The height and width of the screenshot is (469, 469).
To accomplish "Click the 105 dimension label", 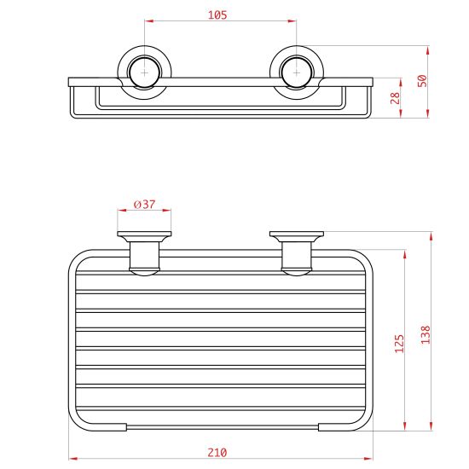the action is click(217, 14).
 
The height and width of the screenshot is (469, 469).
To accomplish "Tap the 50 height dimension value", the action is click(422, 81).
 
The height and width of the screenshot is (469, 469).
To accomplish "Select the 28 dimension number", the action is click(395, 98).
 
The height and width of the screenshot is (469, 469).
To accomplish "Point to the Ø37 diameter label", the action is click(145, 205).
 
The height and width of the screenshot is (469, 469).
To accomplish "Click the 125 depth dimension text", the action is click(399, 344).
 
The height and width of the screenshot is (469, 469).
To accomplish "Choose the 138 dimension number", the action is click(425, 335).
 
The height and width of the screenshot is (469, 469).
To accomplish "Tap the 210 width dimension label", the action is click(217, 453).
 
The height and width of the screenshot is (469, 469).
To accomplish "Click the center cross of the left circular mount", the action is click(144, 72).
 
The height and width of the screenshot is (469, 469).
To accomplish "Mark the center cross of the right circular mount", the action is click(296, 72).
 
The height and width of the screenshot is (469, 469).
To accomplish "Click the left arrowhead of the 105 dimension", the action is click(148, 21).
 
